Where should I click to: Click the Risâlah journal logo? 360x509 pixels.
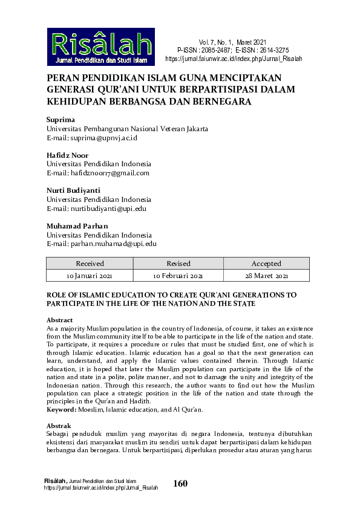[101, 47]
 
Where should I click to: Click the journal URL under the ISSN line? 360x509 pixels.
[233, 59]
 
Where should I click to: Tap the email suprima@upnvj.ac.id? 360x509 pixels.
[93, 138]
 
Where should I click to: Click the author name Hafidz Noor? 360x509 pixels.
[67, 155]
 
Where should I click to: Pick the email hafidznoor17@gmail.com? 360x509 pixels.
[98, 173]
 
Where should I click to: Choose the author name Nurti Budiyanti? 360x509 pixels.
[73, 190]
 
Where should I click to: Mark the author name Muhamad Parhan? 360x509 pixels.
[77, 226]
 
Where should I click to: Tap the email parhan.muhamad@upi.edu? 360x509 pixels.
[102, 244]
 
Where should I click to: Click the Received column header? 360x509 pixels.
[90, 264]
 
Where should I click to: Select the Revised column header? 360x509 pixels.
[178, 264]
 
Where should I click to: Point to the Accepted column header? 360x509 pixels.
[266, 264]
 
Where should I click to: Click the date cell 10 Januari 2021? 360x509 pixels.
[90, 276]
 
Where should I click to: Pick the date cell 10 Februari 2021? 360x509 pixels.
[178, 276]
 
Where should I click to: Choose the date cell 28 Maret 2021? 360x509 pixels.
[266, 276]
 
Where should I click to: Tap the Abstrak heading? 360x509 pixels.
[59, 426]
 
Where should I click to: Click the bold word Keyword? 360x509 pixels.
[62, 410]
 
